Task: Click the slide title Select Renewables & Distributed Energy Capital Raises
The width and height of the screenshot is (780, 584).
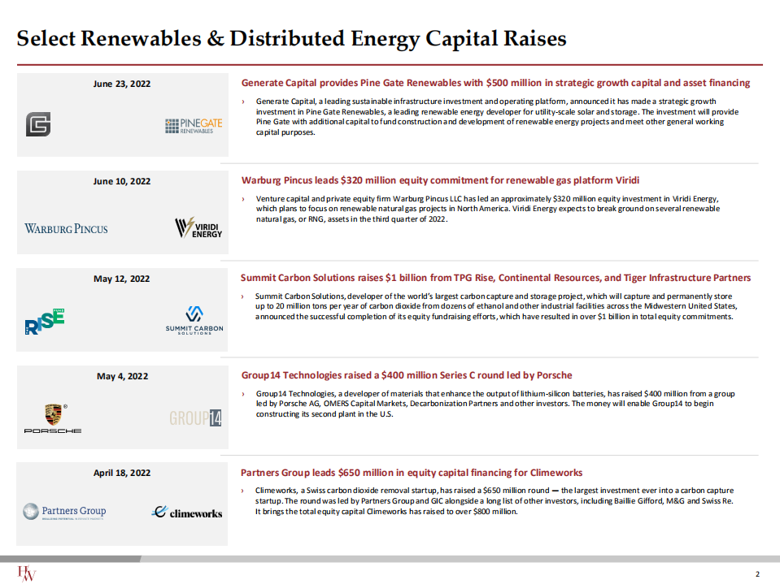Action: coord(292,38)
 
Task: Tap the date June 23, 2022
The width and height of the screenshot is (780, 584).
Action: coord(122,84)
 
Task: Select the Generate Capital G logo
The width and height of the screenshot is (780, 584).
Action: coord(38,124)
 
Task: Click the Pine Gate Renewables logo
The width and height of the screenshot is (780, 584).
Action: coord(194,126)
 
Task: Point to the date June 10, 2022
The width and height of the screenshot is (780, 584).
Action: coord(122,181)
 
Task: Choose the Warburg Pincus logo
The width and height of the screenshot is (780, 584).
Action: coord(66,228)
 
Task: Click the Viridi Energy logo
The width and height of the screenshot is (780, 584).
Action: coord(198,228)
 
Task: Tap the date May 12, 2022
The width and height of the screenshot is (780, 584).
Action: coord(122,279)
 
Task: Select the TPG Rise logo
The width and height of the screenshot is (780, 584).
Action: coord(44,322)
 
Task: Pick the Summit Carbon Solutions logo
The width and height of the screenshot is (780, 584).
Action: coord(194,320)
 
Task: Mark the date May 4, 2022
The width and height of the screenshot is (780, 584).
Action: coord(122,376)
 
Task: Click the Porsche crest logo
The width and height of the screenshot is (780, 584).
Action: coord(52,417)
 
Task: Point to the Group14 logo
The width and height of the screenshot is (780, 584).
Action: coord(195,418)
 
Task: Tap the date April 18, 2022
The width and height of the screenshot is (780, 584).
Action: coord(122,473)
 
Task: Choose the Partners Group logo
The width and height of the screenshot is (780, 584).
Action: coord(64,512)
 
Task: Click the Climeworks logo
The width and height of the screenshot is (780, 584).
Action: coord(187,513)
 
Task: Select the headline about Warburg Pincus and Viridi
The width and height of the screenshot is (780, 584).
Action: coord(445,180)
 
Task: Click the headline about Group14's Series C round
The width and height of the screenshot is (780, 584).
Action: coord(407,375)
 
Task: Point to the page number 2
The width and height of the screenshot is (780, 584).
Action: coord(757,574)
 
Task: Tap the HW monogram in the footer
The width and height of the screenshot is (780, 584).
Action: coord(27,573)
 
